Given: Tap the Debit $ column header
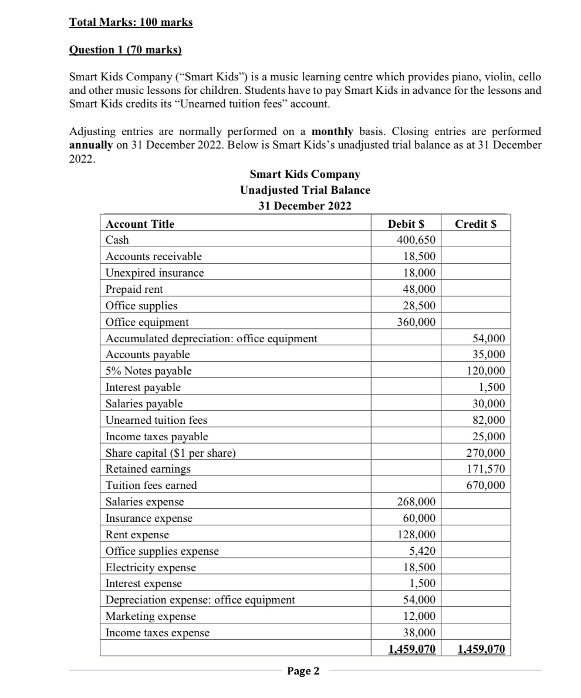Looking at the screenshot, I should click(407, 224).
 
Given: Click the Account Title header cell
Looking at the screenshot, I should click(140, 224).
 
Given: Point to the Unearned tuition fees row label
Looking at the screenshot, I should click(156, 420).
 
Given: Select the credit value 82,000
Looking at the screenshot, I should click(488, 420).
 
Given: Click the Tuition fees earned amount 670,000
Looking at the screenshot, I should click(486, 485).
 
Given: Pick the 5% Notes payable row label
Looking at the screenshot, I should click(148, 371).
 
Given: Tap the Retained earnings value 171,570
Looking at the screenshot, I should click(486, 469).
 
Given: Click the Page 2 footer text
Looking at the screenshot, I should click(303, 671).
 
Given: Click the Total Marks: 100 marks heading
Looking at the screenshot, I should click(131, 23).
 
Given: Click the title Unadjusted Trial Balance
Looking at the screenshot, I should click(305, 190).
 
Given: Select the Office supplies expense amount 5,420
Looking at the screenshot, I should click(422, 551).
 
